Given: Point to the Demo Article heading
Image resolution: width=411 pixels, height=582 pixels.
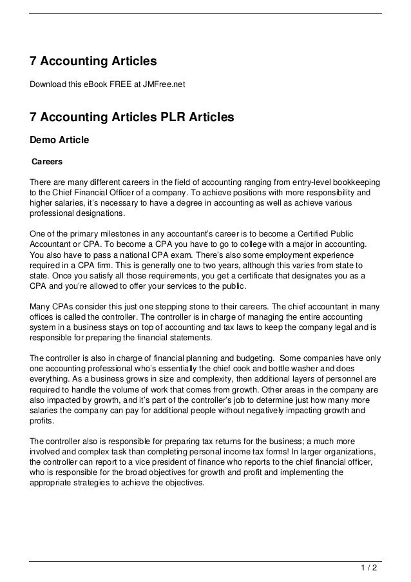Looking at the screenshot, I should [x=59, y=139].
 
